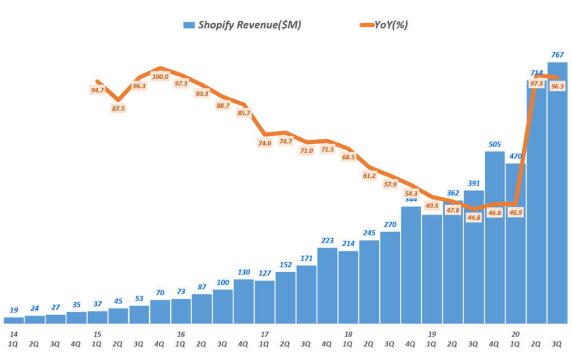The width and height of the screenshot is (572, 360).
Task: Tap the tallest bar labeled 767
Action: coord(557,193)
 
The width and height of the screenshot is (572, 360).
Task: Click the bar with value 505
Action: coord(494,237)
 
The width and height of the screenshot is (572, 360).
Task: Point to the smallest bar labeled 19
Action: coord(14,320)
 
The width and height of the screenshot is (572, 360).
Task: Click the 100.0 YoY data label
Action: coord(160,77)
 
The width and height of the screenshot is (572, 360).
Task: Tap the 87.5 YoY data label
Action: coord(118,108)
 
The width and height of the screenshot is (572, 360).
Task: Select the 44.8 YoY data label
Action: coord(474,217)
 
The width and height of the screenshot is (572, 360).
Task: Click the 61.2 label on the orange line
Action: coord(369,176)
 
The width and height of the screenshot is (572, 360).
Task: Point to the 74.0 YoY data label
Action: coord(265,143)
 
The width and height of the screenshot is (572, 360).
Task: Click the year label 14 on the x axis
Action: coord(14,334)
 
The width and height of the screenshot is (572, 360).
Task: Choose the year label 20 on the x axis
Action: coord(515,334)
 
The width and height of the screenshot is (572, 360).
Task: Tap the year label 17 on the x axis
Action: coord(265,334)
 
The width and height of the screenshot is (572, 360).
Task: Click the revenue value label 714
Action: coord(536,73)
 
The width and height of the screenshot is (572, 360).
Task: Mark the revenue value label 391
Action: coord(474,183)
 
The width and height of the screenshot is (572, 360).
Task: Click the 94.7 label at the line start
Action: coord(97,89)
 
